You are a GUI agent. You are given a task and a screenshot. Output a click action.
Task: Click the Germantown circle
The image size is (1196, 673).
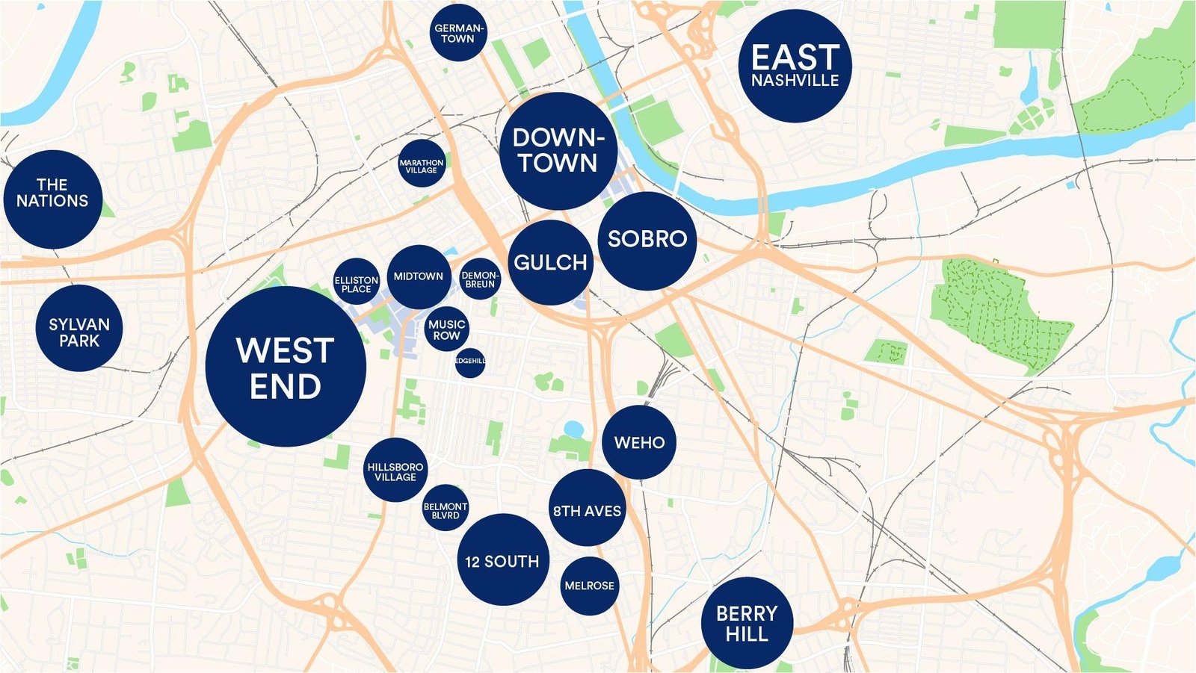click(x=458, y=33)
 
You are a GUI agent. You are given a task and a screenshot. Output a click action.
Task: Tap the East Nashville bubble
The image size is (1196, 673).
click(x=795, y=66)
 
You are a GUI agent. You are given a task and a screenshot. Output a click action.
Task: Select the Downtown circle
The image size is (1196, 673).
click(x=558, y=151)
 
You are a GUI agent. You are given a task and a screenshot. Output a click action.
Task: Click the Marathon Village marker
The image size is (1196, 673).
click(x=422, y=163)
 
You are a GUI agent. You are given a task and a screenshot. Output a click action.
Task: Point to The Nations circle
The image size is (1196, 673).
click(x=52, y=199)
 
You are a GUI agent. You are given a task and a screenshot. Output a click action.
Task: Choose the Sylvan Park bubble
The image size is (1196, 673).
click(x=78, y=328)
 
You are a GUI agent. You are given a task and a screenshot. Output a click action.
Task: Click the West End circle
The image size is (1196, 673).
click(x=286, y=367)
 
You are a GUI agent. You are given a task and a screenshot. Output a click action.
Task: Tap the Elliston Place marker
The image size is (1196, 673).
click(x=357, y=282)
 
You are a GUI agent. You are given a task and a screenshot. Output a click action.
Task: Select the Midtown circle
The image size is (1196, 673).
click(x=419, y=276)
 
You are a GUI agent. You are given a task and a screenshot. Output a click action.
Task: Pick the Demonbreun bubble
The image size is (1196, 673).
click(x=479, y=279)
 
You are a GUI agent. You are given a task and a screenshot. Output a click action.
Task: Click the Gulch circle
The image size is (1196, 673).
click(x=551, y=262)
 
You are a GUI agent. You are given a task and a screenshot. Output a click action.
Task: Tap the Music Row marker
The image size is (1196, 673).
click(x=447, y=329)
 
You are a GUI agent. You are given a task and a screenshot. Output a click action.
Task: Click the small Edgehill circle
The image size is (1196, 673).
click(x=469, y=362)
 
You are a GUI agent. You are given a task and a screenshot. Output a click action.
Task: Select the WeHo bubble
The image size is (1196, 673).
click(x=639, y=442)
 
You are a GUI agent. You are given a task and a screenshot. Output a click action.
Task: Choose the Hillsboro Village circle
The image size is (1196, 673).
click(x=395, y=470)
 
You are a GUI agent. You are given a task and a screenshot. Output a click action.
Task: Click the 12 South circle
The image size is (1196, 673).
click(x=502, y=559)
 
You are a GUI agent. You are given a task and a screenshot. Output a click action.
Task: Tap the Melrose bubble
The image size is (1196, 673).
click(x=589, y=586)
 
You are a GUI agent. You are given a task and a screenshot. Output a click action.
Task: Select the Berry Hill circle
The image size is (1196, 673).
click(x=746, y=623)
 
